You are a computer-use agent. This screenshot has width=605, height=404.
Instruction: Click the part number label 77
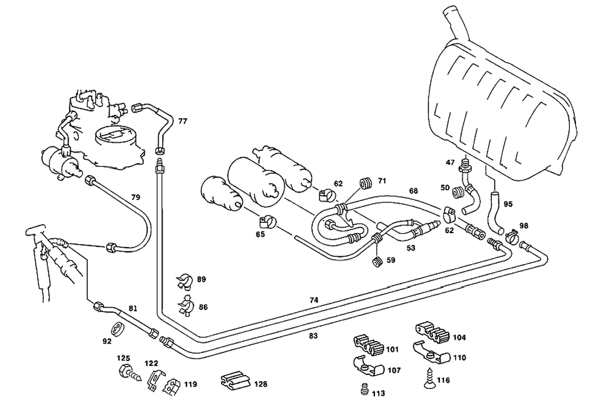point(183,121)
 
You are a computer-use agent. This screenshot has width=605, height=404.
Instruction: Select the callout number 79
point(136,197)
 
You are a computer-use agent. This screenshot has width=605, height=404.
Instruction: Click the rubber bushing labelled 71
point(365,182)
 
